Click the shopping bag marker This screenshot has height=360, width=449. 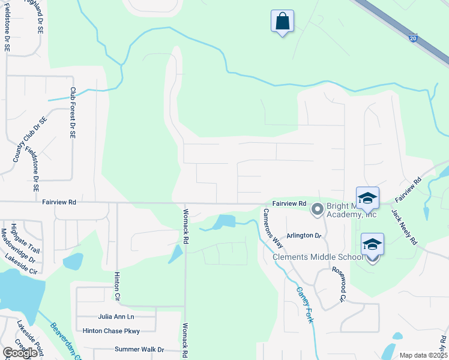pyautogui.click(x=282, y=22)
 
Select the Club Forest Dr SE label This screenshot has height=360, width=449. pyautogui.click(x=73, y=113)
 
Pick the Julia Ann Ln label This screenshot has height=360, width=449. pyautogui.click(x=116, y=317)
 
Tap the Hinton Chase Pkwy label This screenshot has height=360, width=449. pyautogui.click(x=111, y=331)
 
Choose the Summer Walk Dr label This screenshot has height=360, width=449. pyautogui.click(x=139, y=349)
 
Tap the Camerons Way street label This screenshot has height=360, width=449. pyautogui.click(x=273, y=228)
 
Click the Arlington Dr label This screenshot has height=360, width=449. pyautogui.click(x=304, y=236)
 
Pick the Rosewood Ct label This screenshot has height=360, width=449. pyautogui.click(x=340, y=284)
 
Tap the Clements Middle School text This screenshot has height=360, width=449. pyautogui.click(x=318, y=257)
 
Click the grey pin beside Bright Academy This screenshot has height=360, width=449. pyautogui.click(x=318, y=209)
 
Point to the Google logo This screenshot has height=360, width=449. pyautogui.click(x=20, y=353)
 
